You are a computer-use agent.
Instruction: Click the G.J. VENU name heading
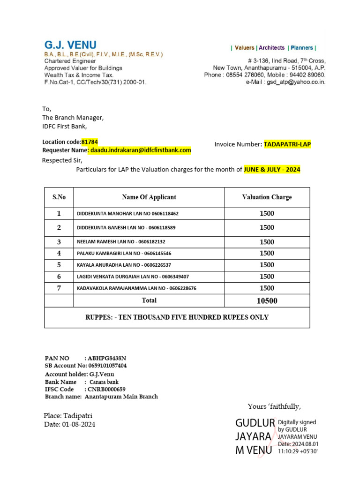click(x=70, y=45)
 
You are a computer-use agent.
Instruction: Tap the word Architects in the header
click(x=271, y=48)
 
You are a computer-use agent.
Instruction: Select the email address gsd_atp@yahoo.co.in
click(x=296, y=82)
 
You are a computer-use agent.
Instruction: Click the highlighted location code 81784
click(x=90, y=142)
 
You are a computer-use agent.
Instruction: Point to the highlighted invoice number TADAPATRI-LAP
click(x=287, y=144)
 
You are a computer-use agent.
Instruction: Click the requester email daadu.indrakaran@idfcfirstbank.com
click(x=141, y=150)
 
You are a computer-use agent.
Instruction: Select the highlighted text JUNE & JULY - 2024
click(x=272, y=169)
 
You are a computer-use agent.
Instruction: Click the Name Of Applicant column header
click(x=149, y=197)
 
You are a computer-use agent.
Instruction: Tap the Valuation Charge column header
click(x=267, y=197)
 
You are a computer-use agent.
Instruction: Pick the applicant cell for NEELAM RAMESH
click(x=121, y=242)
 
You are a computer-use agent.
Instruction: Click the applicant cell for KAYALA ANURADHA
click(x=124, y=265)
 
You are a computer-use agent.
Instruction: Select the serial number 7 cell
click(x=59, y=288)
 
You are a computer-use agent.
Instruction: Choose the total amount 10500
click(x=267, y=301)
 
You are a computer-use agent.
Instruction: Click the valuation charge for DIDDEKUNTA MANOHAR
click(x=267, y=214)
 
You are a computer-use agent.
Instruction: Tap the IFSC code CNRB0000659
click(x=106, y=389)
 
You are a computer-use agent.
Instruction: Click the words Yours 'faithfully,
click(x=274, y=406)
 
